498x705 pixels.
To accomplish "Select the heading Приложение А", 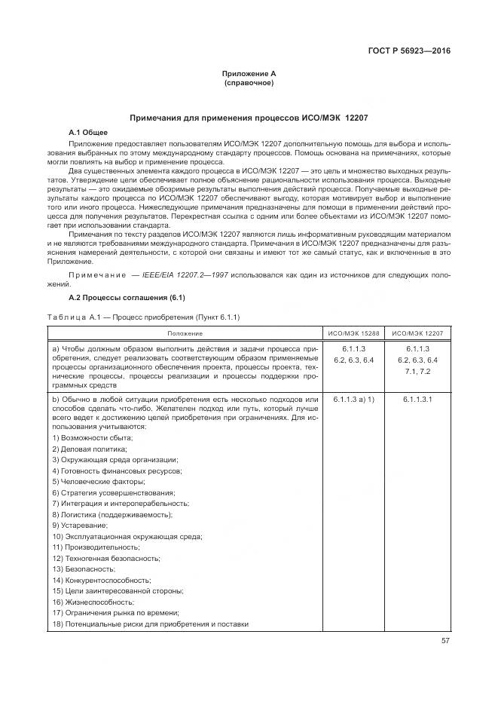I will [x=249, y=73].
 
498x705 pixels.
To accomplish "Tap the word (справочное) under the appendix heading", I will [x=249, y=82].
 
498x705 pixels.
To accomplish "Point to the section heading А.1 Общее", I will [x=88, y=133].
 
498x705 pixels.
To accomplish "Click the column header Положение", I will [x=185, y=333].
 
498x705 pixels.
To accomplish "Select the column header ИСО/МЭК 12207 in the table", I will [x=417, y=333].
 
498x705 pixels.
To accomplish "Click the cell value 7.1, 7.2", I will [x=417, y=372].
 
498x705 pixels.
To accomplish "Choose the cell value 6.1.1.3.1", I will [x=417, y=398].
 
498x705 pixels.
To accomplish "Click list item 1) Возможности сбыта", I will [x=93, y=438].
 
